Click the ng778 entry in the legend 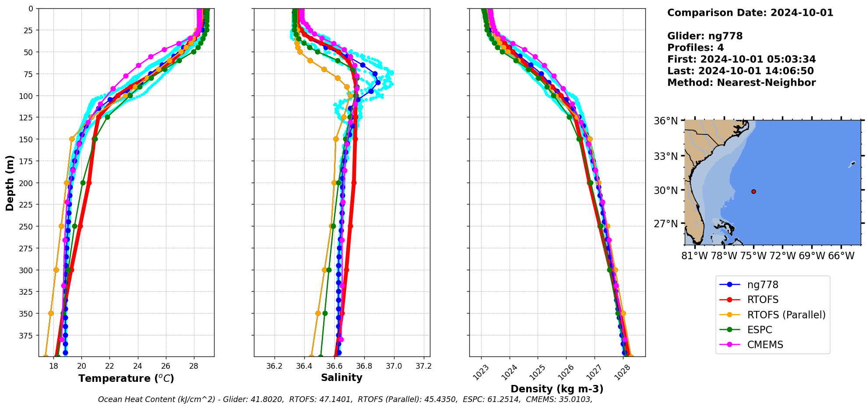click(762, 285)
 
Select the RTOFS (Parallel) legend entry click(786, 315)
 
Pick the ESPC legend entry click(759, 330)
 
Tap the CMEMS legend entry click(765, 345)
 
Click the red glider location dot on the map click(753, 191)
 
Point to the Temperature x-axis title click(126, 378)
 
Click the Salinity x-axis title click(341, 377)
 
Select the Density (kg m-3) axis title click(557, 389)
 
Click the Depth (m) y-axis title click(10, 183)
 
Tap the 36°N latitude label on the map click(665, 121)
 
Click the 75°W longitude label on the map click(753, 256)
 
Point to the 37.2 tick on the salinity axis click(423, 366)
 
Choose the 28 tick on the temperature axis click(194, 366)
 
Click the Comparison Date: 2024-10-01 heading click(750, 13)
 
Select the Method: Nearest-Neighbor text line click(741, 83)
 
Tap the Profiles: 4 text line click(695, 48)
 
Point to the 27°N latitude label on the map click(665, 224)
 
